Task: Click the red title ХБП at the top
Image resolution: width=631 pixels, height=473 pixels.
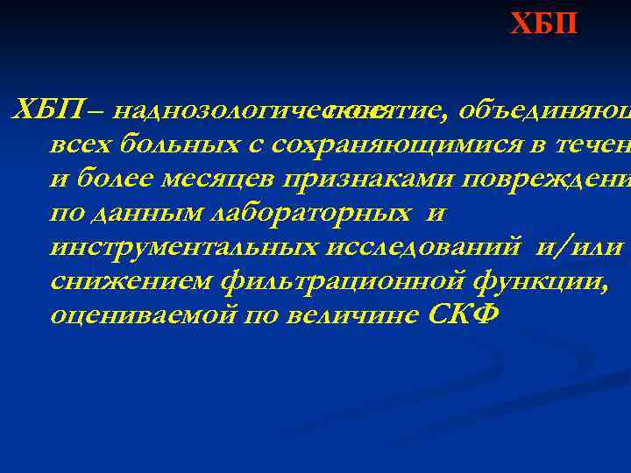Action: [x=545, y=23]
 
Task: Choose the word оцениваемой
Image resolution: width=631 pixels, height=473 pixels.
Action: [x=129, y=316]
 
